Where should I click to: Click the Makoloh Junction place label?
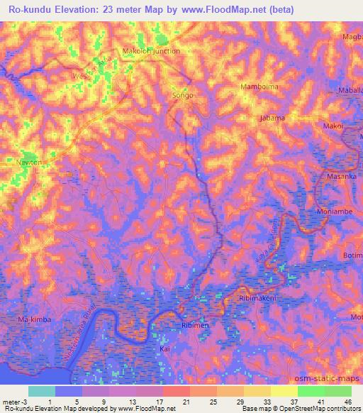click(152, 51)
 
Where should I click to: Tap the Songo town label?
click(183, 95)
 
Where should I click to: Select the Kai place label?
click(164, 349)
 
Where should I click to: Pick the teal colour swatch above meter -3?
click(42, 390)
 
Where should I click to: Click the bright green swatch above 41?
click(311, 390)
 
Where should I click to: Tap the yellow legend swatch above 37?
click(284, 390)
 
